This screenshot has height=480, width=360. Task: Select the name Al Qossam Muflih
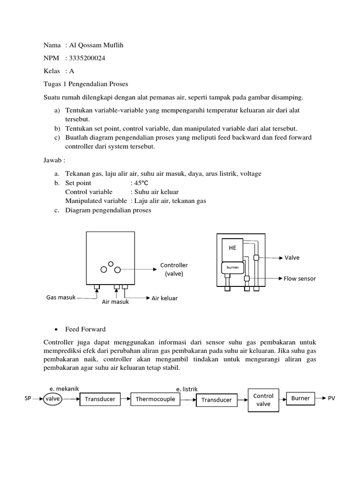pyautogui.click(x=98, y=45)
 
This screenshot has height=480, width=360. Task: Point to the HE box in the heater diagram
pyautogui.click(x=232, y=248)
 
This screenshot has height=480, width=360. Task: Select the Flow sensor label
pyautogui.click(x=300, y=278)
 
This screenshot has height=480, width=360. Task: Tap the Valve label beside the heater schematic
pyautogui.click(x=292, y=257)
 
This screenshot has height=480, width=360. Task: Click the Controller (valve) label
pyautogui.click(x=174, y=270)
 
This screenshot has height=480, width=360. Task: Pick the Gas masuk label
pyautogui.click(x=61, y=298)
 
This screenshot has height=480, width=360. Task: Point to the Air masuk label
pyautogui.click(x=115, y=302)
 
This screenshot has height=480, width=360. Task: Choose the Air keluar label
pyautogui.click(x=165, y=298)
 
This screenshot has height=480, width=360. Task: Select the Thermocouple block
pyautogui.click(x=155, y=399)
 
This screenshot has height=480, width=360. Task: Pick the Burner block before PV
pyautogui.click(x=300, y=398)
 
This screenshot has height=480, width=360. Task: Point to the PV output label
pyautogui.click(x=331, y=398)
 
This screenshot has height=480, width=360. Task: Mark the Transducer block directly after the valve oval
pyautogui.click(x=100, y=399)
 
